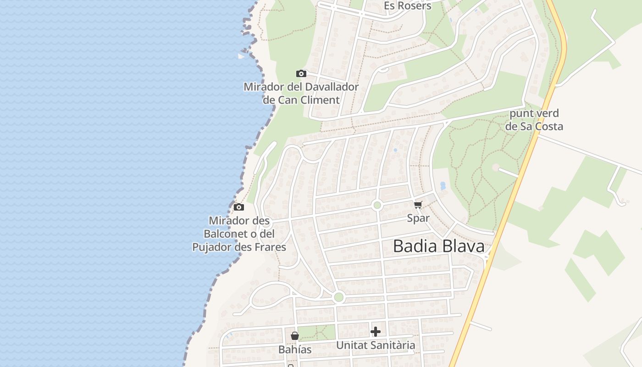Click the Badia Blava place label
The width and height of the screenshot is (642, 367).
click(x=438, y=246)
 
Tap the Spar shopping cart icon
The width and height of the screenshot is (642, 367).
click(x=418, y=205)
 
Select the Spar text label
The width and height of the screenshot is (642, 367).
click(x=418, y=218)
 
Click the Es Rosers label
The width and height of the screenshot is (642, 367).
click(x=407, y=6)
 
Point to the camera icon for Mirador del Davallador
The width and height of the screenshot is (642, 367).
click(x=301, y=73)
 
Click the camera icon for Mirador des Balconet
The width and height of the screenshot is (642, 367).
click(x=238, y=207)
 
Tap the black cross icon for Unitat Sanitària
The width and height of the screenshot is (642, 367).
click(x=376, y=331)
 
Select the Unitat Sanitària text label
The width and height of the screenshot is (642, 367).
click(x=376, y=345)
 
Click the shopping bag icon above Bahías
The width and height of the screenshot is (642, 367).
click(x=295, y=336)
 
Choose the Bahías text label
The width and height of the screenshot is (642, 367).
click(x=295, y=350)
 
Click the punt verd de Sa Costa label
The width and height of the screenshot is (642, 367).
click(x=534, y=120)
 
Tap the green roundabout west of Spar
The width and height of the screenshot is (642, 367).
click(x=377, y=205)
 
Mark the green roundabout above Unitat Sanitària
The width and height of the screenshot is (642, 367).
click(x=339, y=297)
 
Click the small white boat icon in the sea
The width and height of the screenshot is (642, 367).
click(x=241, y=56)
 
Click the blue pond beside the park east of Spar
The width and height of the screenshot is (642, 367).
click(x=443, y=186)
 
